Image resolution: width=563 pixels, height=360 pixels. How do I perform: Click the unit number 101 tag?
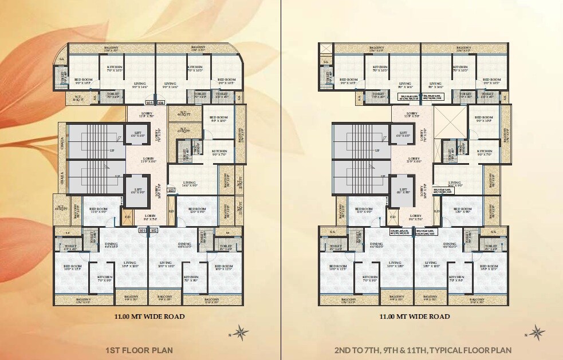coord(143,231)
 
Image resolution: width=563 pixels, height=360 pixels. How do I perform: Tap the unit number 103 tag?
coord(170,190)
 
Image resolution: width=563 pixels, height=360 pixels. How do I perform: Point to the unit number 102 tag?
coord(153,231)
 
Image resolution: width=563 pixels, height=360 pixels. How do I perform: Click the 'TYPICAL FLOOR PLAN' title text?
coord(423,350)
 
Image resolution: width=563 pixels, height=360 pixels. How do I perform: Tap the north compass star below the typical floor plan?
coord(537,331)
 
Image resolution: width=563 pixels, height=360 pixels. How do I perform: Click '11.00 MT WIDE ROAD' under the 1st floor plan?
coord(149,317)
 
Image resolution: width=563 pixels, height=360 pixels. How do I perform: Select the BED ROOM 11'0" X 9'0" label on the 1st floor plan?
coord(99,211)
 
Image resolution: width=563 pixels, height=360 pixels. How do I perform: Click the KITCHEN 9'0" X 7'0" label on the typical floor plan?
coord(485,153)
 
